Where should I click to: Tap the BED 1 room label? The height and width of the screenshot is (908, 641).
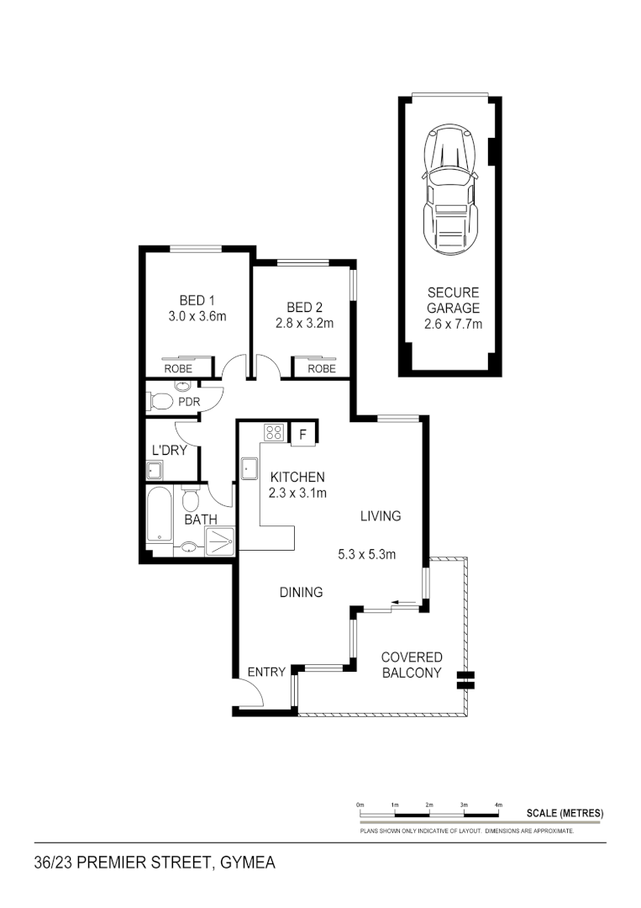tap(197, 300)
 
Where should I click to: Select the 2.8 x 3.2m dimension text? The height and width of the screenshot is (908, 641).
tap(304, 323)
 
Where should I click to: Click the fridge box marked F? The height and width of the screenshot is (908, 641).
tap(302, 434)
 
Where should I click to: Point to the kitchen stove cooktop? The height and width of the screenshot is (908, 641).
tap(274, 433)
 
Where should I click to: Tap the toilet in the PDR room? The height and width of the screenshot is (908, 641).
tap(163, 402)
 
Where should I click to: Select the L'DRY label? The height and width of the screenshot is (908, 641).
tap(168, 451)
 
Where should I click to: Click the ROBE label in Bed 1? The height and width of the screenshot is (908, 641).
tap(178, 368)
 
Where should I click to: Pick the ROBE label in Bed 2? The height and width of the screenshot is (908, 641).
tap(321, 368)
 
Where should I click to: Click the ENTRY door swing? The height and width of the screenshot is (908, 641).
tap(249, 692)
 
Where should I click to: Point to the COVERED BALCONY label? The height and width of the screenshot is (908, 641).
tap(411, 665)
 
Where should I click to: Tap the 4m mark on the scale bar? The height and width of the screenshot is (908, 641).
tap(498, 805)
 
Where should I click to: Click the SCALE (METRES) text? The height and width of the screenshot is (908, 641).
tap(565, 813)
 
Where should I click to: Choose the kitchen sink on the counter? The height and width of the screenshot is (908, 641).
tap(250, 468)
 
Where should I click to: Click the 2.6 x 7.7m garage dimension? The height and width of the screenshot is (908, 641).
tap(453, 324)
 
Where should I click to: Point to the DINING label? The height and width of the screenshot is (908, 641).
tap(301, 593)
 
